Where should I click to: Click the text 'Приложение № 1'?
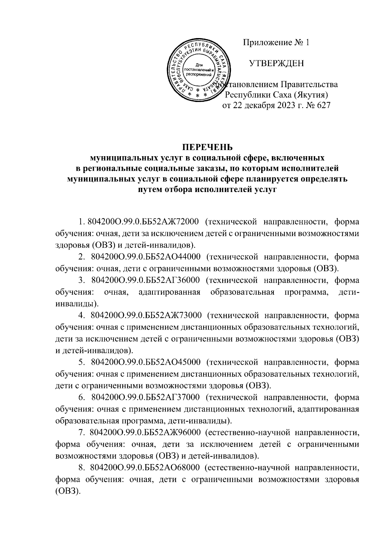tap(276, 43)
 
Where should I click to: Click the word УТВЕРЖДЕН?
tap(276, 64)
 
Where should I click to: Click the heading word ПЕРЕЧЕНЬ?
tap(207, 147)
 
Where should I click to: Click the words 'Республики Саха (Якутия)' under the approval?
tap(276, 95)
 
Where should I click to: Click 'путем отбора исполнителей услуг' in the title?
tap(207, 190)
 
